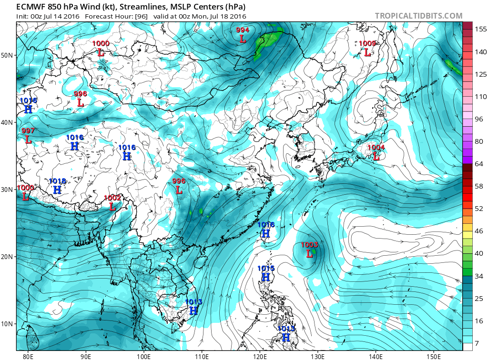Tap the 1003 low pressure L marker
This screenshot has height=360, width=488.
[309, 254]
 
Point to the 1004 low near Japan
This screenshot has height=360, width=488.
[376, 152]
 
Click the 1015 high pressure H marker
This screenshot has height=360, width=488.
[266, 277]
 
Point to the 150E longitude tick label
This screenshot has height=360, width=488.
[434, 356]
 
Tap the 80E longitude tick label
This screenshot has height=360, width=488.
[28, 356]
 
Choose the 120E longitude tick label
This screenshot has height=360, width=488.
[260, 356]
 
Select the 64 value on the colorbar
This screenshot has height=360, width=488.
[478, 164]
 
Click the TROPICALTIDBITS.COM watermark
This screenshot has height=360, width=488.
[418, 16]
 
